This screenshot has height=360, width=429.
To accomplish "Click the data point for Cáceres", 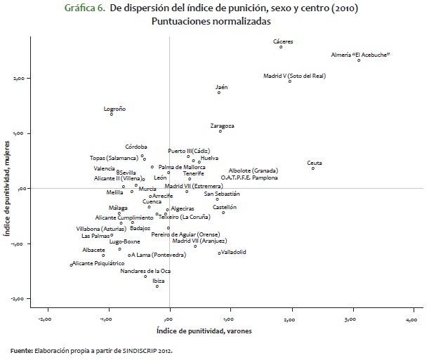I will click(281, 47).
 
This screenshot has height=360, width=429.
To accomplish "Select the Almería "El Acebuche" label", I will click(360, 54).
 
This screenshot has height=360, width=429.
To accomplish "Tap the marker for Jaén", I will click(219, 93).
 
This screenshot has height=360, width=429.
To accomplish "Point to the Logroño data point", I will click(111, 114).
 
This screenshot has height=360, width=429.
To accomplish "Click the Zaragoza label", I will click(222, 126).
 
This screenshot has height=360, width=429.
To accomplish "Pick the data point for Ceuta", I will click(313, 168).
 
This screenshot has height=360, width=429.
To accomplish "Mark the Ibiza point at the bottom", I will click(157, 286).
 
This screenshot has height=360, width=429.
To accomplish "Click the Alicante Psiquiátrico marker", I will click(72, 265).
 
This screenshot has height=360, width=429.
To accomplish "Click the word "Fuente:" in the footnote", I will click(20, 349).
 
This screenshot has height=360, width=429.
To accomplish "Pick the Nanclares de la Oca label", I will click(145, 270).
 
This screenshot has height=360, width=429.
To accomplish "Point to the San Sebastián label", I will click(222, 193).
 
